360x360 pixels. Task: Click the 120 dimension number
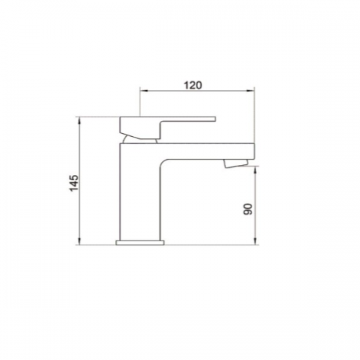tap(193, 85)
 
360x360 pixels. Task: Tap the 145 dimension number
tap(73, 183)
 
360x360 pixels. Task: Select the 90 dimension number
tap(248, 209)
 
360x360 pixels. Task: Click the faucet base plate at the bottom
tap(140, 243)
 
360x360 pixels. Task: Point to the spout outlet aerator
tap(235, 163)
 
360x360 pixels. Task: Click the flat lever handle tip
tap(215, 119)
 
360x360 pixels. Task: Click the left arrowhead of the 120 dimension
tap(143, 91)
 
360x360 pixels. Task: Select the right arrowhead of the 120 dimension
tap(251, 91)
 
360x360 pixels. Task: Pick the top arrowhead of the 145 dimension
tap(79, 120)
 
